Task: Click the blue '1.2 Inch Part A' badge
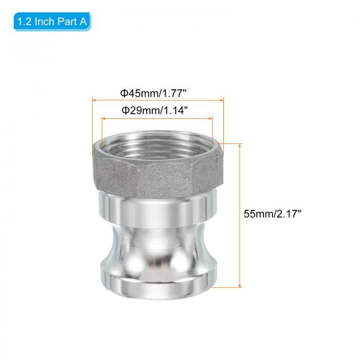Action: click(x=52, y=22)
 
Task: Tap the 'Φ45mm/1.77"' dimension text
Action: click(x=153, y=94)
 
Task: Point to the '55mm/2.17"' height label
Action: click(x=272, y=214)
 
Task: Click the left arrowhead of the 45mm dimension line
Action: click(x=94, y=100)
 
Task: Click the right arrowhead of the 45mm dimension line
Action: click(x=222, y=100)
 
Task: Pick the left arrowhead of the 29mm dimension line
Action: click(x=104, y=118)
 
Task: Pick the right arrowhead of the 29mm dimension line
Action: click(x=210, y=118)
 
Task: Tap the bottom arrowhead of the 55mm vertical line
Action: click(x=240, y=285)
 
